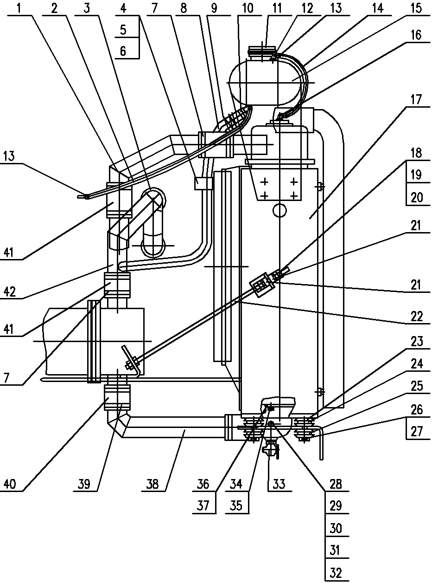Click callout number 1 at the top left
[x=19, y=8]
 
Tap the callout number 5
[x=123, y=30]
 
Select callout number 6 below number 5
[x=123, y=51]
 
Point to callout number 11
[x=276, y=8]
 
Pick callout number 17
[x=416, y=100]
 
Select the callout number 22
[x=417, y=316]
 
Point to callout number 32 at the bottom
[x=336, y=572]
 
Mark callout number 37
[x=203, y=505]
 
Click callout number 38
[x=152, y=484]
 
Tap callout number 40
[x=10, y=484]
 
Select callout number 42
[x=10, y=291]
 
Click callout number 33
[x=279, y=484]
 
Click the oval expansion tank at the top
[x=265, y=83]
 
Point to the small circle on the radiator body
[x=280, y=210]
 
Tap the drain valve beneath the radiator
[x=270, y=449]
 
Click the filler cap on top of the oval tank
[x=262, y=50]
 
